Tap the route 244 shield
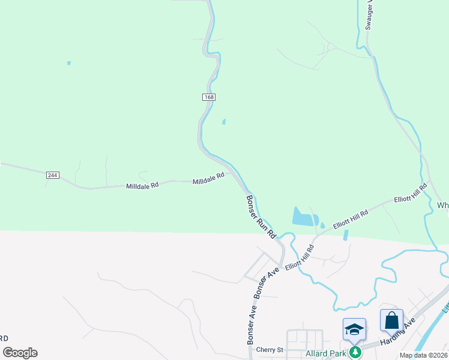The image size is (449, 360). tap(52, 175)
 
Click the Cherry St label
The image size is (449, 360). tap(269, 350)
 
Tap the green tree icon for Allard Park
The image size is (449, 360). tap(355, 350)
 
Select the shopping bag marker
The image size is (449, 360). tap(391, 321)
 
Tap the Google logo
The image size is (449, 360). tap(20, 353)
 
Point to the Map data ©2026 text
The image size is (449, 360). tap(424, 355)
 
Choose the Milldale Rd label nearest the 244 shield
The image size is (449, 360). tap(142, 185)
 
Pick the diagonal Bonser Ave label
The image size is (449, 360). tap(267, 281)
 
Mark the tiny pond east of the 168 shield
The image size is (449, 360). tap(224, 122)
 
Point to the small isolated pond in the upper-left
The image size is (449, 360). tap(69, 62)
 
